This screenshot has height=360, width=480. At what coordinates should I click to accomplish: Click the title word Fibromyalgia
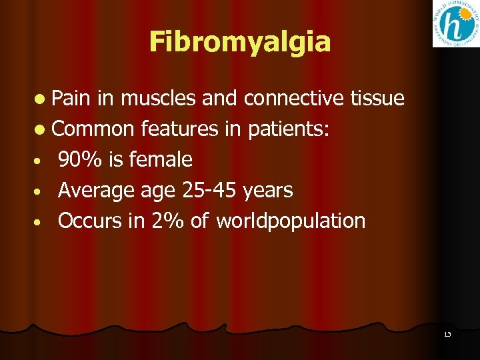(x=240, y=41)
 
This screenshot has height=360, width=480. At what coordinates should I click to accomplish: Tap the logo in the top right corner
(x=454, y=24)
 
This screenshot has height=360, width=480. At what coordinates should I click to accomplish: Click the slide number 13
(x=447, y=334)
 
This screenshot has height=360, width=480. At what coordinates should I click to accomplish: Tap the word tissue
(x=376, y=99)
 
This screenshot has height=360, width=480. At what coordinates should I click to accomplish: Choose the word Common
(x=93, y=129)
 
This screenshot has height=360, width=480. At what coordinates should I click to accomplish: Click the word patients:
(x=288, y=129)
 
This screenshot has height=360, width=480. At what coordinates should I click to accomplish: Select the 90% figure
(x=79, y=160)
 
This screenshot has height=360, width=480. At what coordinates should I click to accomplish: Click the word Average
(x=96, y=191)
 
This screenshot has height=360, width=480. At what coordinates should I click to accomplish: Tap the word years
(x=267, y=191)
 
